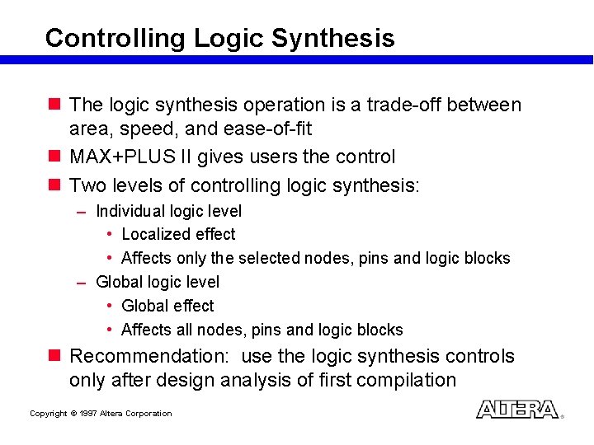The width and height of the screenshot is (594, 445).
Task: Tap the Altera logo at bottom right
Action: point(517,410)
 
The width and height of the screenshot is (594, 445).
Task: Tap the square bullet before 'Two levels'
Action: point(55,185)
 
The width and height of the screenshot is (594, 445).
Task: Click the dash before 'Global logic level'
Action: point(82,283)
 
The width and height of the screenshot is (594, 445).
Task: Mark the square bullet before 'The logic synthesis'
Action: point(55,105)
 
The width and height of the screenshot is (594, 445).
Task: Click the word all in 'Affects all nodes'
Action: point(182,330)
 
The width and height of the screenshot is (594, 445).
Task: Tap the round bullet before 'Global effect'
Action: point(111,306)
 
